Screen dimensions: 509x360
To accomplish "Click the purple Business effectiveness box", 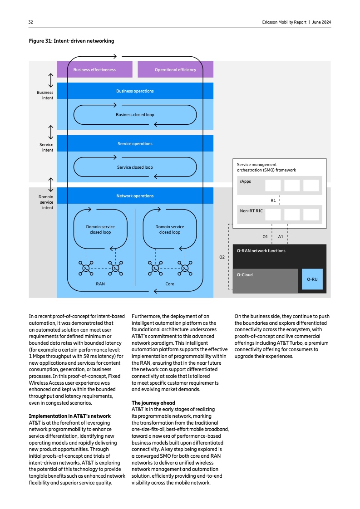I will (x=94, y=70).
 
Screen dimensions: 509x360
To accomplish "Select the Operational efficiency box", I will (x=175, y=70).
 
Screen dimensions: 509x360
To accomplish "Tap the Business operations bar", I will (x=135, y=91).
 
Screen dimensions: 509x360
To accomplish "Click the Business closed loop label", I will (x=135, y=115).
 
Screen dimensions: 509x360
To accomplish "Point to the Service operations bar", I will (x=135, y=144).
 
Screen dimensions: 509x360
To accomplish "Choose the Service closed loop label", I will (x=135, y=167).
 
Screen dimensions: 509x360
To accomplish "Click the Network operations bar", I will (x=135, y=196).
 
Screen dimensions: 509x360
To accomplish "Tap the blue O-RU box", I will (x=312, y=279).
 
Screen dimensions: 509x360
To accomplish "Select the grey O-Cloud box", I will (x=265, y=281).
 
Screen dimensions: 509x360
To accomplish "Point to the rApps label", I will (x=246, y=181).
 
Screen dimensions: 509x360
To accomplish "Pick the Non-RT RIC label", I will (x=251, y=211).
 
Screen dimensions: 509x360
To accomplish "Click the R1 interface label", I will (x=273, y=200).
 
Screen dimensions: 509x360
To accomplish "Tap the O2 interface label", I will (x=222, y=257).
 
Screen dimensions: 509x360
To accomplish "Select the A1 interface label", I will (x=281, y=236).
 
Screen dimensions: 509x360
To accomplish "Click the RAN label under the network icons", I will (x=100, y=284).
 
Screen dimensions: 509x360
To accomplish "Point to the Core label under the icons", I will (x=169, y=284).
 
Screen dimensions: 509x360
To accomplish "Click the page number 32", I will (x=31, y=22).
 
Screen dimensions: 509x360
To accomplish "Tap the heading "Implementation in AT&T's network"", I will (x=69, y=416).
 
